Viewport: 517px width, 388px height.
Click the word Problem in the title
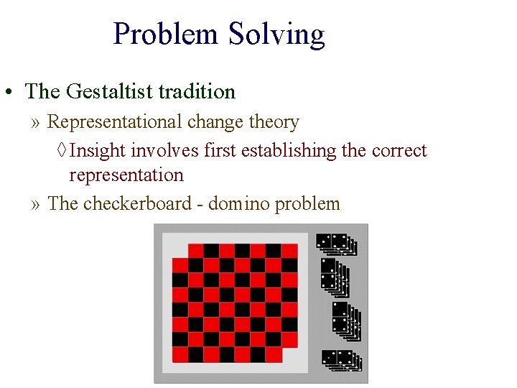pyautogui.click(x=166, y=34)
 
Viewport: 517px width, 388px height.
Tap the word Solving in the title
pyautogui.click(x=276, y=34)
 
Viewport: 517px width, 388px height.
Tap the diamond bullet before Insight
pyautogui.click(x=62, y=151)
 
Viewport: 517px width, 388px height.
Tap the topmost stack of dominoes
pyautogui.click(x=336, y=244)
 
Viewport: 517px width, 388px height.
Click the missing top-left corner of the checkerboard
pyautogui.click(x=180, y=251)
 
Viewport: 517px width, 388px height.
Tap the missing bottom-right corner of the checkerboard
pyautogui.click(x=289, y=354)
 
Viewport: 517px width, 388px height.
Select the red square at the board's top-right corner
pyautogui.click(x=289, y=251)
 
